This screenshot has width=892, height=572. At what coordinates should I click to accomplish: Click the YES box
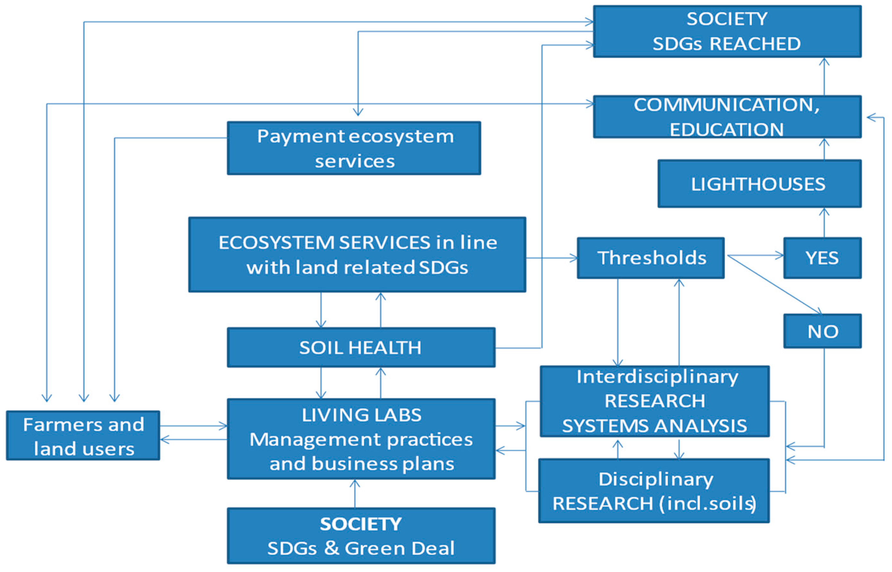coord(822,258)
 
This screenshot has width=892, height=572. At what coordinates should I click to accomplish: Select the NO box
coord(822,331)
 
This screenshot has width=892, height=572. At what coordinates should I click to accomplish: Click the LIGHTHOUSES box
coord(759,184)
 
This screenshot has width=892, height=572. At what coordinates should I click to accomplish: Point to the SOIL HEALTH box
coord(361,347)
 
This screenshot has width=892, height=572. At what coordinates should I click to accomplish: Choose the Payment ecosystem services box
coord(354,148)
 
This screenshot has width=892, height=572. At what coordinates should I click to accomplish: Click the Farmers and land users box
coord(83,435)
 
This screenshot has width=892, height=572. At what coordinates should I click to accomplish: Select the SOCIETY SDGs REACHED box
coord(727,31)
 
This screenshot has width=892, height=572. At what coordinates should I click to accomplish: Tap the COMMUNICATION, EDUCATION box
coord(727,117)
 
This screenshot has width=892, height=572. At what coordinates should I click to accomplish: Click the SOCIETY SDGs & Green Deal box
coord(361,535)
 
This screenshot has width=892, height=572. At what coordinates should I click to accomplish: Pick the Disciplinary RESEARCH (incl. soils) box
coord(654,491)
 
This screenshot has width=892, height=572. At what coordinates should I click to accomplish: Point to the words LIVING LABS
coord(361,415)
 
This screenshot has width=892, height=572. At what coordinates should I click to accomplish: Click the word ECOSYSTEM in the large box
coord(277,243)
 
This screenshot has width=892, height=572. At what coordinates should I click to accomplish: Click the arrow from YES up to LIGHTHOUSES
coord(824,223)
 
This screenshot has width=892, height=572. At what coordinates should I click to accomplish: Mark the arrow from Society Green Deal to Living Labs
coord(355,493)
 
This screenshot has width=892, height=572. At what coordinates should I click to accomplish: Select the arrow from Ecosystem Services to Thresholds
coord(551,257)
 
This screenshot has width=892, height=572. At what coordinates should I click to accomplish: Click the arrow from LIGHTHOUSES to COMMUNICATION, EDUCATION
coord(824,149)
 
